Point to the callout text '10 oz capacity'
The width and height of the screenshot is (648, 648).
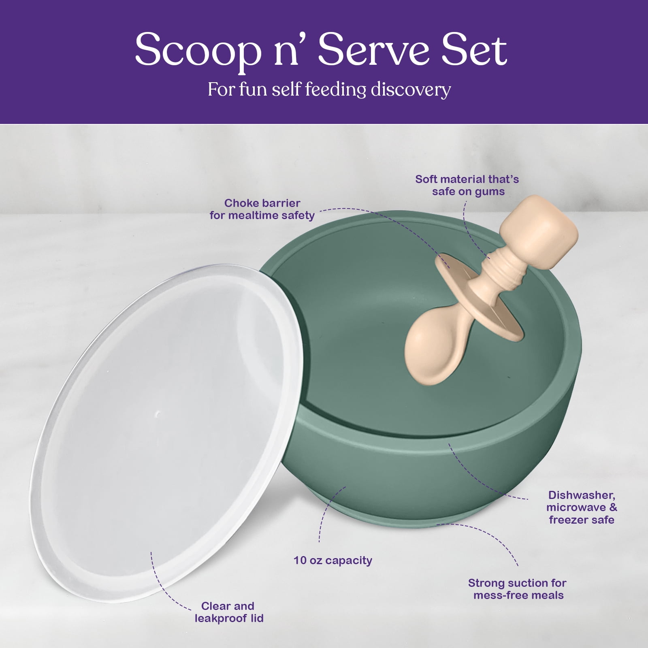click(x=333, y=561)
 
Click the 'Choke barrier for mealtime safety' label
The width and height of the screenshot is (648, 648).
click(x=262, y=209)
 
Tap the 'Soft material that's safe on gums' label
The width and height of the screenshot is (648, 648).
click(x=467, y=185)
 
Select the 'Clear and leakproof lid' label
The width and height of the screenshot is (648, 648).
click(x=229, y=612)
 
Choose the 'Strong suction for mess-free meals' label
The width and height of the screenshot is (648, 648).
click(x=518, y=589)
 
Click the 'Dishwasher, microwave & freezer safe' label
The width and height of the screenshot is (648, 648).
click(x=582, y=507)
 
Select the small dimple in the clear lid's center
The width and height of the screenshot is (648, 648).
click(x=158, y=414)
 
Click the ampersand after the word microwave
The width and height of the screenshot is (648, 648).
click(x=613, y=507)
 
